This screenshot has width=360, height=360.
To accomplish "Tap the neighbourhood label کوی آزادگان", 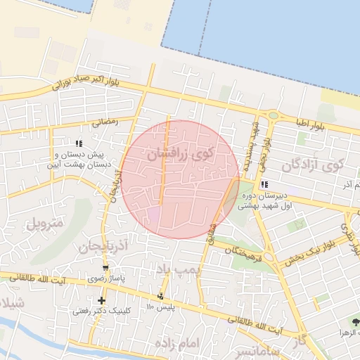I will (312, 166).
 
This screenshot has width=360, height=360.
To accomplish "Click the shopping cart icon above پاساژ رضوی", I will (105, 269).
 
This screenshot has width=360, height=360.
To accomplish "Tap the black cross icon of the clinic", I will (102, 300).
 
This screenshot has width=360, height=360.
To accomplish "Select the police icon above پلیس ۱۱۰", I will (162, 297).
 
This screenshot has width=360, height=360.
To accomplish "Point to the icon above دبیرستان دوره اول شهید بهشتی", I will (264, 185).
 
